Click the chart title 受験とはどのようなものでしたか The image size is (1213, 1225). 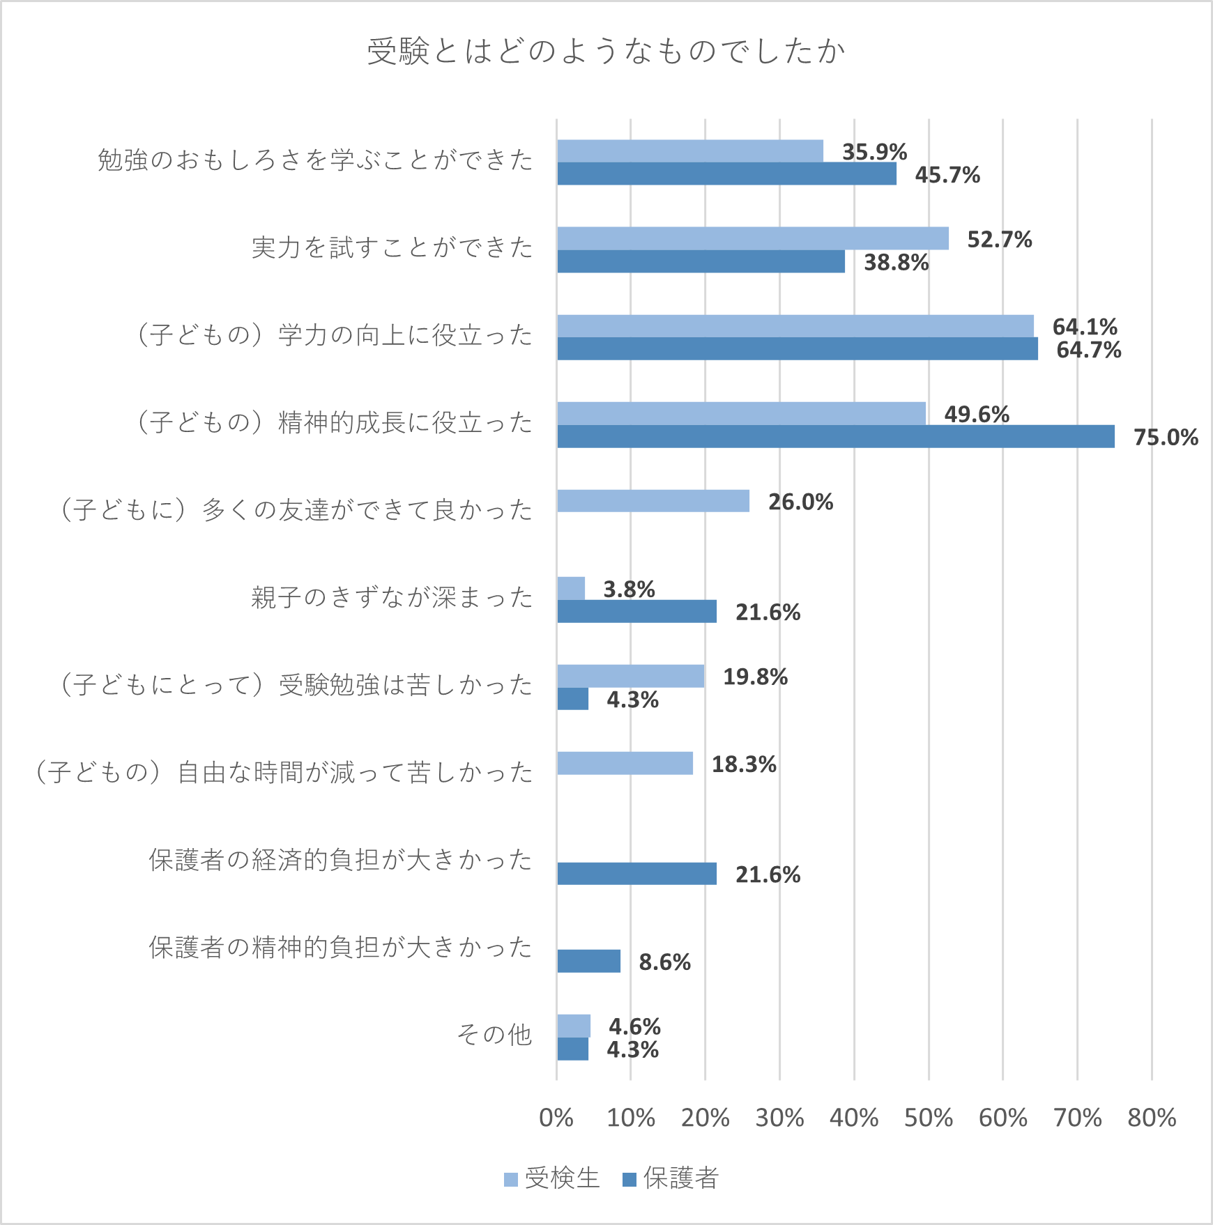[606, 52]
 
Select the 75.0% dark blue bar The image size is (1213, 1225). [835, 437]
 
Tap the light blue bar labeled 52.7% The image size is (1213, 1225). [753, 238]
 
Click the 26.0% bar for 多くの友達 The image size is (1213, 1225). [653, 501]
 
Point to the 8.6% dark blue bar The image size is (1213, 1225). [588, 961]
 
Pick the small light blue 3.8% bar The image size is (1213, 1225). [571, 589]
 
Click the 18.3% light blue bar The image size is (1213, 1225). [625, 763]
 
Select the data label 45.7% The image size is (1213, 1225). [947, 175]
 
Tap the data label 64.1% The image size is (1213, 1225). [1085, 326]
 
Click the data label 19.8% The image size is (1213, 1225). [755, 677]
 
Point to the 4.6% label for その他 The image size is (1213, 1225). [634, 1026]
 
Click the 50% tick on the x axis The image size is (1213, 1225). [928, 1118]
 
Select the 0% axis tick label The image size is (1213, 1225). [556, 1118]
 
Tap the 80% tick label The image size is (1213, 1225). [1152, 1118]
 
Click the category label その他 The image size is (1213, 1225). [494, 1035]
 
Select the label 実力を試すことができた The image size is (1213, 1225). [392, 247]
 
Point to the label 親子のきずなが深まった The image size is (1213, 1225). [392, 598]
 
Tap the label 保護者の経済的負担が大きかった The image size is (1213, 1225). [340, 861]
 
